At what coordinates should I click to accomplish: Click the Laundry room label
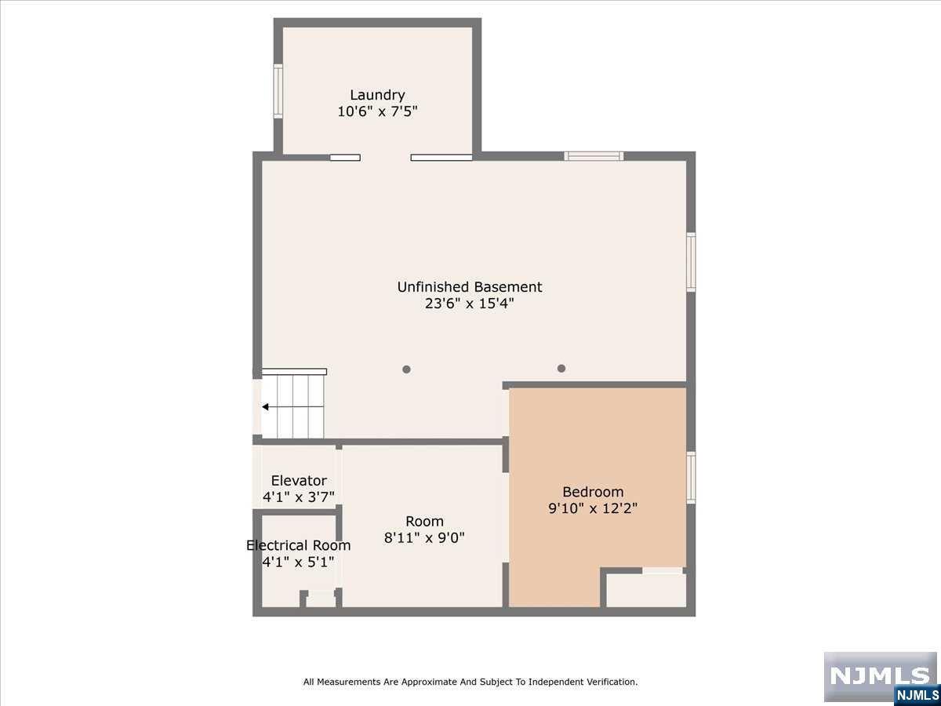click(377, 95)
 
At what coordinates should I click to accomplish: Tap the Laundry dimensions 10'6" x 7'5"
click(377, 112)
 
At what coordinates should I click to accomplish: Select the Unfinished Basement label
click(470, 287)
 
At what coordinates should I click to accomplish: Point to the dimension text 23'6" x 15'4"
click(470, 304)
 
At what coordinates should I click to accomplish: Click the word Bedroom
click(593, 492)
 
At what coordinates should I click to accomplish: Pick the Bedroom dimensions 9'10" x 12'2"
click(593, 508)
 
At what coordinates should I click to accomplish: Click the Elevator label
click(299, 480)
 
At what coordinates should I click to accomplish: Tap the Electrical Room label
click(299, 545)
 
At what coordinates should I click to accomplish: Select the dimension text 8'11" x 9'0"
click(424, 537)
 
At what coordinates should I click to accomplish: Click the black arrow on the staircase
click(265, 407)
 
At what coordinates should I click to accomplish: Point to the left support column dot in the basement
click(406, 369)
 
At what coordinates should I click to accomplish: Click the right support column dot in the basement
click(561, 368)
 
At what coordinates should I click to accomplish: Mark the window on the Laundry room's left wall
click(278, 91)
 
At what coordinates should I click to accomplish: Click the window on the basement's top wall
click(594, 156)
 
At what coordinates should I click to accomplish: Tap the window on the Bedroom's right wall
click(691, 478)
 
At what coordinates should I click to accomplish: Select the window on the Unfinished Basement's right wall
click(691, 262)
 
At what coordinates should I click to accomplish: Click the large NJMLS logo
click(880, 676)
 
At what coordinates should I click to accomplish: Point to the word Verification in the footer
click(610, 682)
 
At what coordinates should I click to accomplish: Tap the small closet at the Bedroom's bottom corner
click(646, 590)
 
